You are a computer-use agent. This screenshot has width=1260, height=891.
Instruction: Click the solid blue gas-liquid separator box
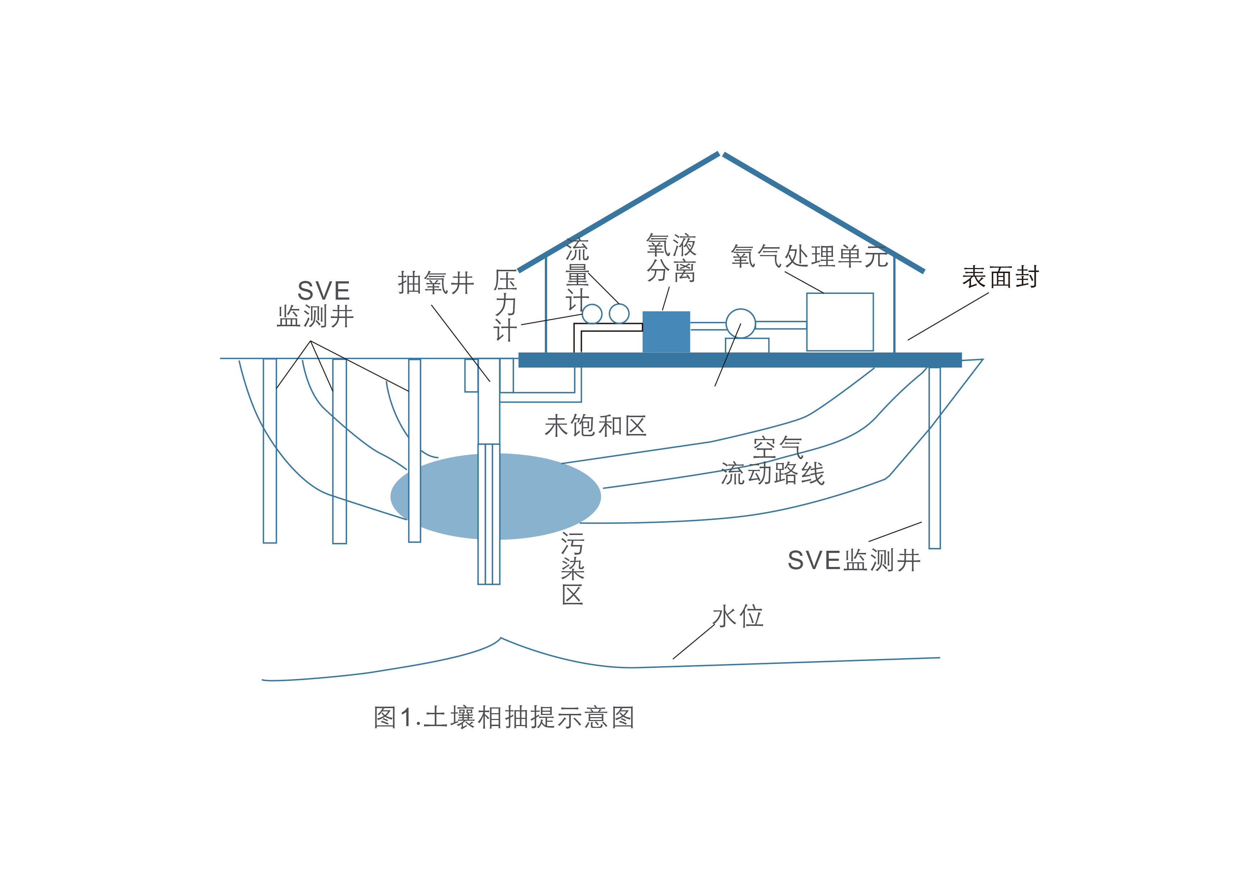[666, 332]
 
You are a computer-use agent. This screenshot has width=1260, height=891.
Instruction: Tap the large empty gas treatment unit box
[840, 322]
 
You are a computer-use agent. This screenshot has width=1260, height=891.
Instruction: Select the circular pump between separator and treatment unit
[741, 323]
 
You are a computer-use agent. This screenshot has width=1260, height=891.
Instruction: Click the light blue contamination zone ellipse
[496, 496]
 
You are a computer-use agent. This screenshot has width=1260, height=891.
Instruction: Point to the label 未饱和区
[596, 426]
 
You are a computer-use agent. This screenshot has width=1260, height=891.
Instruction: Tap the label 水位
[738, 616]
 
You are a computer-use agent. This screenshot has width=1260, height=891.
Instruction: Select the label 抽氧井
[436, 283]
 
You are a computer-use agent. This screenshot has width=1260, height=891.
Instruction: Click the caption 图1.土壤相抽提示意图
[504, 717]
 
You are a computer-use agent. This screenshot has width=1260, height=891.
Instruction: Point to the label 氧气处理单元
[810, 256]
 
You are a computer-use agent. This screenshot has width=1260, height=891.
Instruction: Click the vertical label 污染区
[573, 568]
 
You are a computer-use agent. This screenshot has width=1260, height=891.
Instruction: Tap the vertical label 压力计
[505, 305]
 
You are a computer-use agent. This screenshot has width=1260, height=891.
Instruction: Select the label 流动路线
[773, 473]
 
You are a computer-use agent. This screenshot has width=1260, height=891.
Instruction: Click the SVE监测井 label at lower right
[854, 560]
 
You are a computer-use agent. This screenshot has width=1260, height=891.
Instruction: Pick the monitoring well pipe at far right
[935, 458]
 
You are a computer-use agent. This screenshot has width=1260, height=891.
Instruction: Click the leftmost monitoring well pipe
[270, 451]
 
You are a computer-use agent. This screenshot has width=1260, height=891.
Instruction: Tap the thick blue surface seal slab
[740, 360]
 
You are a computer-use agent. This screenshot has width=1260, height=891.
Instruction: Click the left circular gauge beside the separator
[592, 314]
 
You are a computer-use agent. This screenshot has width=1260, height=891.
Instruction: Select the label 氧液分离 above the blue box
[671, 258]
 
